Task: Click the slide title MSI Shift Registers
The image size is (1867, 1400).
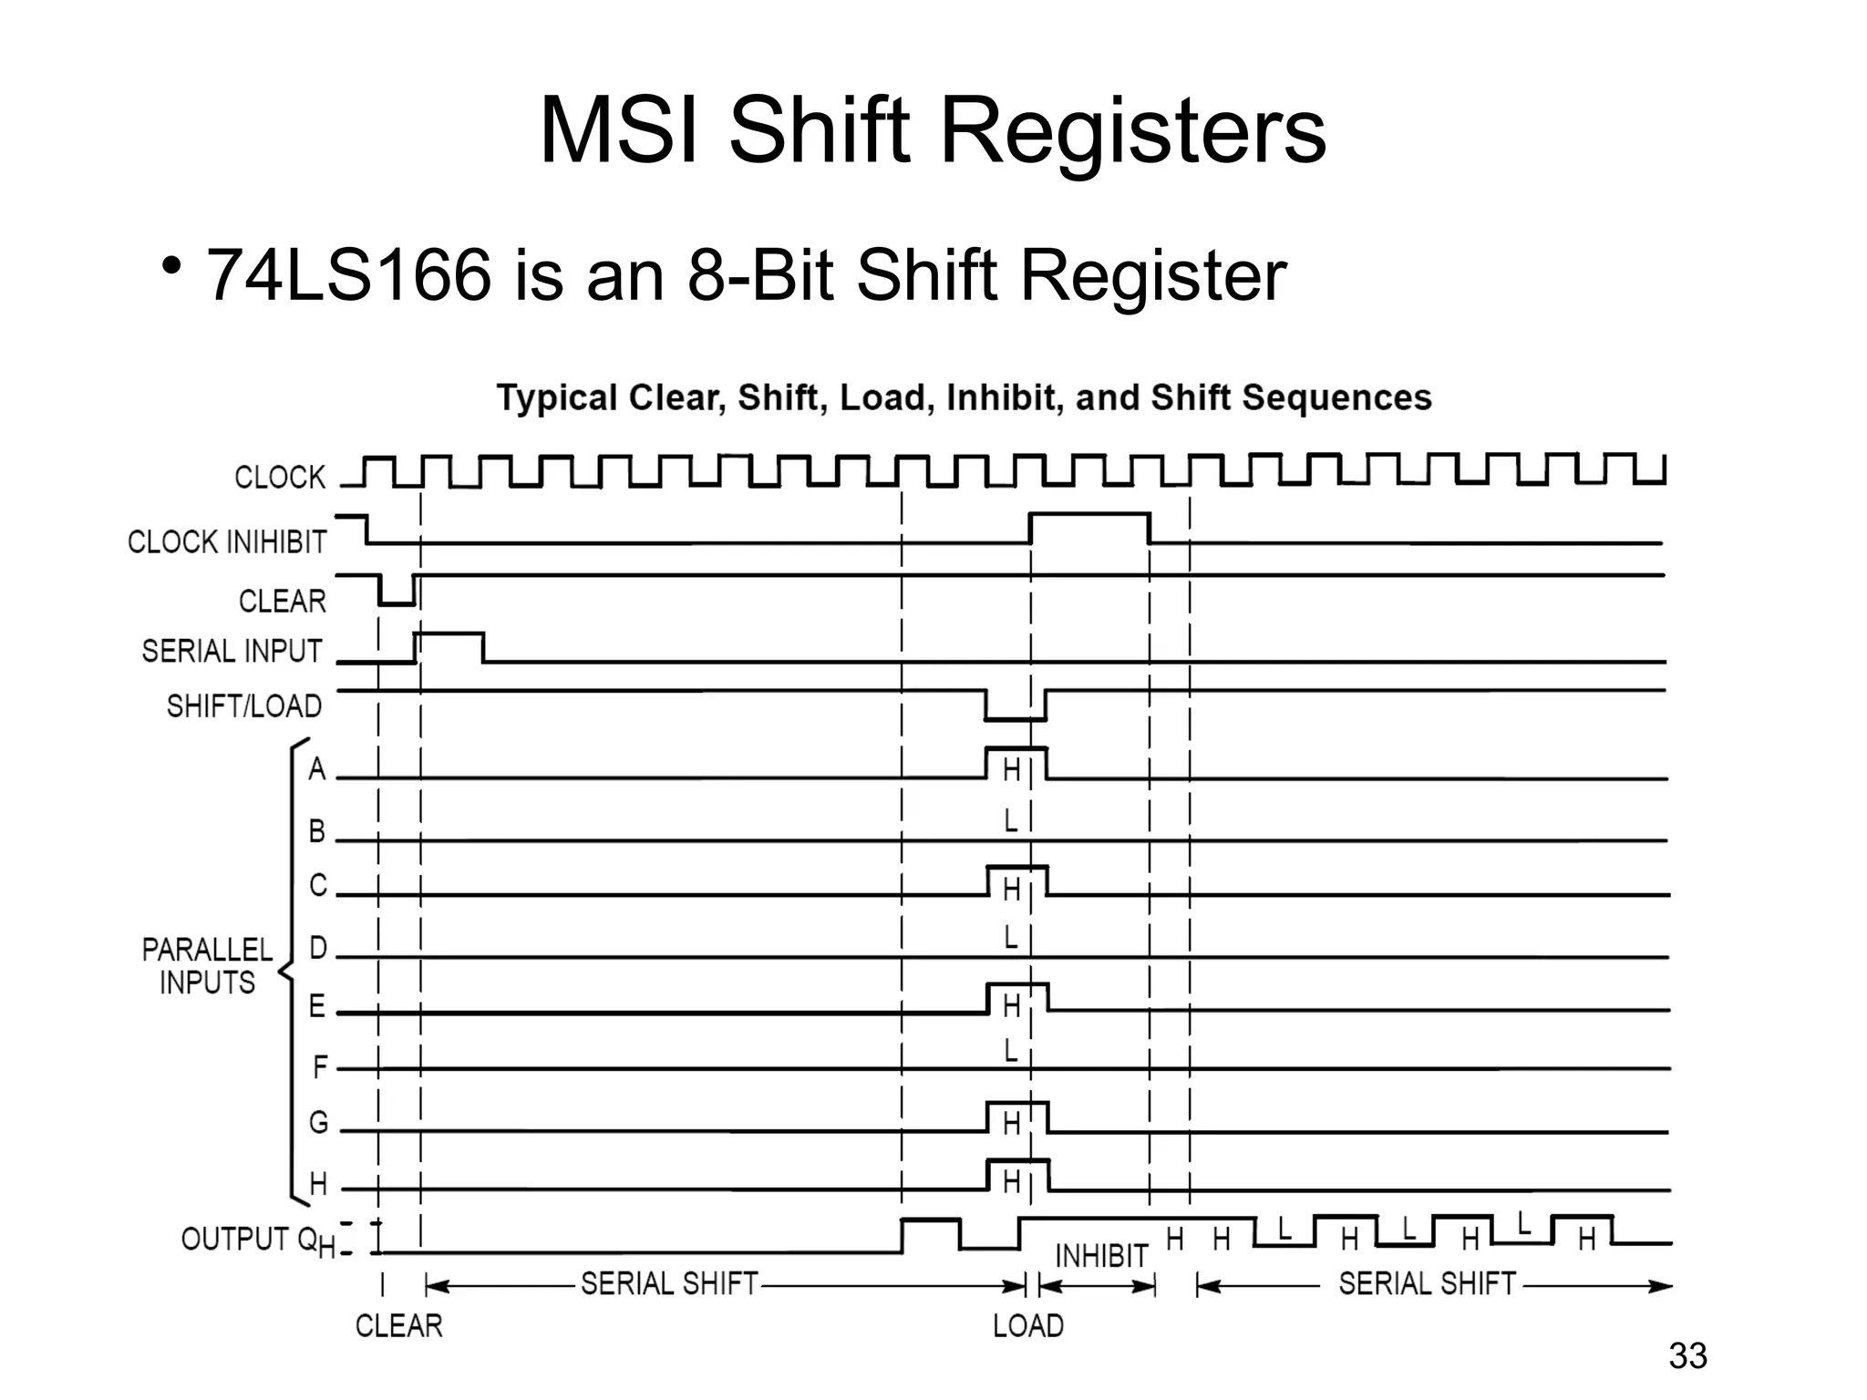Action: pos(932,132)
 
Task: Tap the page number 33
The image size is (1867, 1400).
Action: pos(1687,1356)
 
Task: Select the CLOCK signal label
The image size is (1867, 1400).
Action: pos(280,478)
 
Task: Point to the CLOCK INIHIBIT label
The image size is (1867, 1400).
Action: pos(227,542)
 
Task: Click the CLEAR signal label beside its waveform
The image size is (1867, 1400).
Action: pos(283,602)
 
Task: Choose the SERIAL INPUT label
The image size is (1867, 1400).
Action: pos(232,652)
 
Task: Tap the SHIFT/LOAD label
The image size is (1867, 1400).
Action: pos(244,706)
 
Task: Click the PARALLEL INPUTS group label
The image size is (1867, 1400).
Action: pos(208,966)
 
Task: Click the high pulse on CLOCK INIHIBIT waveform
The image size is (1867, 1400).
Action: pos(1089,516)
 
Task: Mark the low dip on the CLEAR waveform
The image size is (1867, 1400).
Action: pos(397,602)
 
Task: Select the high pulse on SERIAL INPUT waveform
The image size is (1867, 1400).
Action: pos(449,634)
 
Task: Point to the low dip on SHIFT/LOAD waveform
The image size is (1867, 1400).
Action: pos(1015,718)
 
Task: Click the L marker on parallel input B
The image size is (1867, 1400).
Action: pos(1011,821)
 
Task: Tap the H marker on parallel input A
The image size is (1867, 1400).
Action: pos(1011,771)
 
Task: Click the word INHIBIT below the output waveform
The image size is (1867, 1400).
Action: pos(1101,1257)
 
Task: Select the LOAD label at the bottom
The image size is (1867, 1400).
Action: pos(1028,1326)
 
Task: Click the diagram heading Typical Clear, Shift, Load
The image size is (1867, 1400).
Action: pos(964,398)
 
